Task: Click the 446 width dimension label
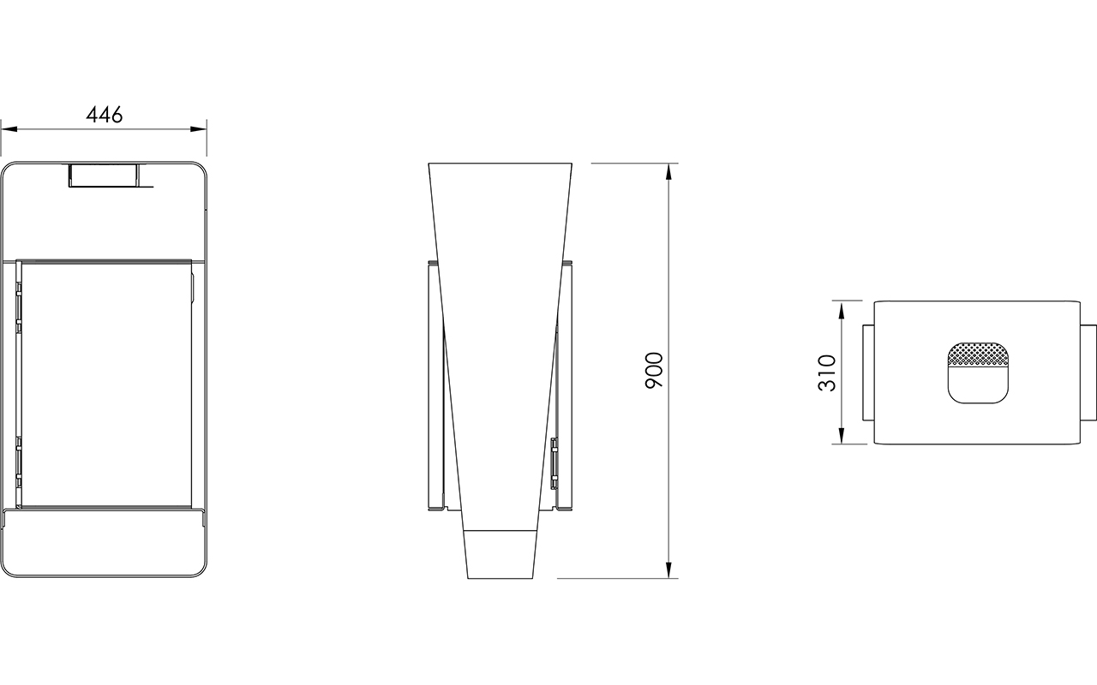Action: [105, 115]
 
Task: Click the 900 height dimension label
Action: [654, 371]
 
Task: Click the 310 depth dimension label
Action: [827, 372]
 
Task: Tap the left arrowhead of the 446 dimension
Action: [9, 129]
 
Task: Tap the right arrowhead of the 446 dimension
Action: [198, 129]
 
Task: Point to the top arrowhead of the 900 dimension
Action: [669, 172]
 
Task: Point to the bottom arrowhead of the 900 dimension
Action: [669, 569]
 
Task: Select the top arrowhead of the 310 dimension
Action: [842, 310]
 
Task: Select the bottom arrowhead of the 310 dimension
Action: [842, 436]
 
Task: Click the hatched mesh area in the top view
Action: [978, 354]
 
